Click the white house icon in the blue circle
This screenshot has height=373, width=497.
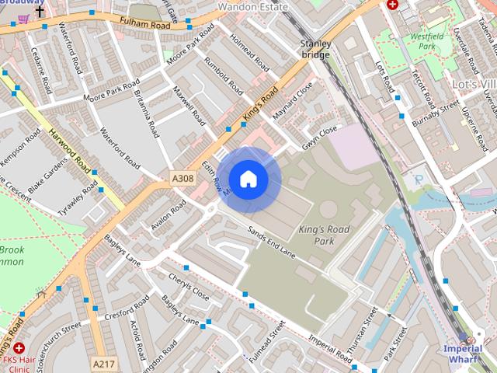tap(248, 180)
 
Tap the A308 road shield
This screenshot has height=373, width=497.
tap(182, 179)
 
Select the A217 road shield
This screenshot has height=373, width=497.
tap(103, 363)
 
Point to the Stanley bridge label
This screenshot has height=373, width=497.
tap(316, 49)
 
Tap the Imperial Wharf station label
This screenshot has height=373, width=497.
tap(463, 354)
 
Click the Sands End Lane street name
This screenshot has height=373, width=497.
tap(272, 240)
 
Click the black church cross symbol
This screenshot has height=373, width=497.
tap(40, 12)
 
